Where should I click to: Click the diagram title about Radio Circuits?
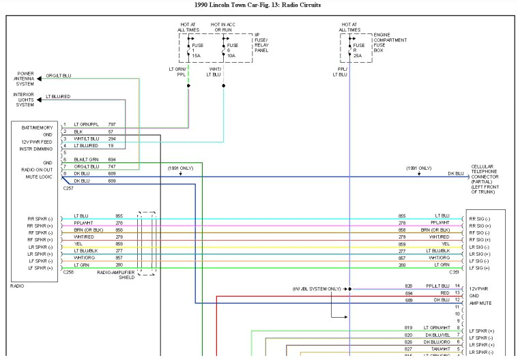click(x=257, y=5)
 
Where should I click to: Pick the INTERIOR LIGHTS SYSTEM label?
click(x=25, y=100)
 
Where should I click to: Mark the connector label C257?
click(x=68, y=188)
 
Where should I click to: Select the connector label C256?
click(x=68, y=272)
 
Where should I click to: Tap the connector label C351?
click(x=454, y=272)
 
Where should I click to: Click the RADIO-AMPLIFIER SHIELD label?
click(x=115, y=275)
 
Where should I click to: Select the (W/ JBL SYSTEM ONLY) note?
click(x=315, y=289)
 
